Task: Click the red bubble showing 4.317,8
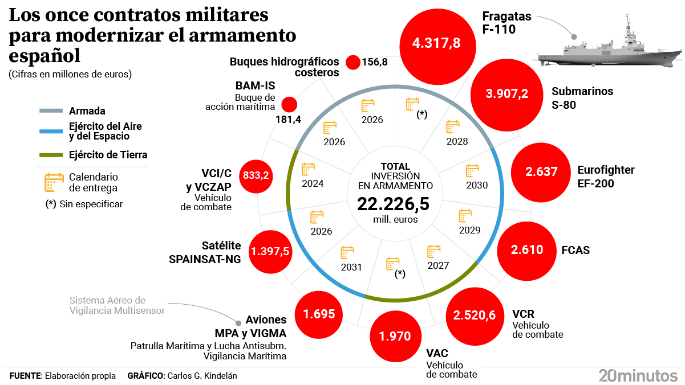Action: [x=437, y=43]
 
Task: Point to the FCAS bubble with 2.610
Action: [x=526, y=250]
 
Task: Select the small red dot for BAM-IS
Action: [x=290, y=104]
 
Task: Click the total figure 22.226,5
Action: [x=393, y=204]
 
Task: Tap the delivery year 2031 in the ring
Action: [x=351, y=267]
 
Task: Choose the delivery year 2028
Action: [x=457, y=141]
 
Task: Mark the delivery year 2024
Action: [x=313, y=183]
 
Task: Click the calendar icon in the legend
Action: [x=54, y=182]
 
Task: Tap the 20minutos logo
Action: [x=638, y=375]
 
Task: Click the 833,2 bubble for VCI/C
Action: [x=256, y=175]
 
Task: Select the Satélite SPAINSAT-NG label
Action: [x=205, y=252]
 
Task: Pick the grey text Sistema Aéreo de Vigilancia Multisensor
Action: [x=116, y=305]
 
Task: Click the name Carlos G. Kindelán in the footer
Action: [x=202, y=376]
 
